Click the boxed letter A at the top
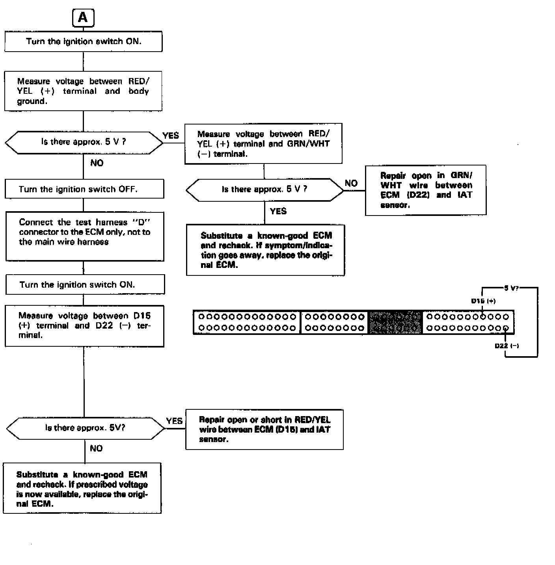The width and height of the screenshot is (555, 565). click(83, 18)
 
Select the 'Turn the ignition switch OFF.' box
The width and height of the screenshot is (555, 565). click(84, 189)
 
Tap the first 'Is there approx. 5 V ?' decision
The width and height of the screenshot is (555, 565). click(84, 142)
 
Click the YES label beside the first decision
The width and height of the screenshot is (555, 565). click(171, 136)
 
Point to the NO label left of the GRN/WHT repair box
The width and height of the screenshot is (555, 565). click(351, 183)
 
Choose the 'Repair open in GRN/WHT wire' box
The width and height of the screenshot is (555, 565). click(426, 190)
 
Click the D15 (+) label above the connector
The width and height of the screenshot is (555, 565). click(483, 301)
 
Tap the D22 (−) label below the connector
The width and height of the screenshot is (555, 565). click(507, 346)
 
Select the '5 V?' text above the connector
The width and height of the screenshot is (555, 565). click(511, 288)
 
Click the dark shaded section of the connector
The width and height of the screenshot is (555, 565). click(395, 322)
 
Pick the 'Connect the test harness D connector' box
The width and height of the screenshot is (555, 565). click(85, 236)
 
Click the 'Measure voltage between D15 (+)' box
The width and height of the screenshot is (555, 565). click(84, 326)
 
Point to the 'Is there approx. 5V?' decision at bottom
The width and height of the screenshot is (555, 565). click(86, 428)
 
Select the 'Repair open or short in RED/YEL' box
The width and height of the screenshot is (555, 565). click(264, 429)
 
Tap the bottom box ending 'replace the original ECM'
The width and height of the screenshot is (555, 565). click(82, 489)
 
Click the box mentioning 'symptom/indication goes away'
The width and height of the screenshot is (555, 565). click(266, 250)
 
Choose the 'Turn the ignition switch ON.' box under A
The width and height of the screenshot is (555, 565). click(84, 41)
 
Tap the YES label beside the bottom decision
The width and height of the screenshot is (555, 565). click(174, 421)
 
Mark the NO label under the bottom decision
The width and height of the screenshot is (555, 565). click(96, 448)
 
